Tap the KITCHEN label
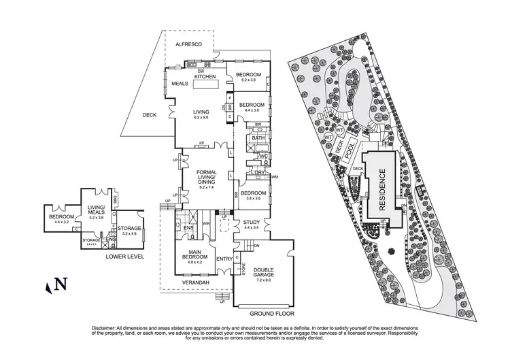tap(205, 77)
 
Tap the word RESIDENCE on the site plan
tap(381, 193)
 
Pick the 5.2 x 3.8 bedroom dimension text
tap(248, 80)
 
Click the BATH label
tap(258, 138)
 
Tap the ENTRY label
tap(224, 259)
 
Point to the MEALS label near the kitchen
tap(180, 84)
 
